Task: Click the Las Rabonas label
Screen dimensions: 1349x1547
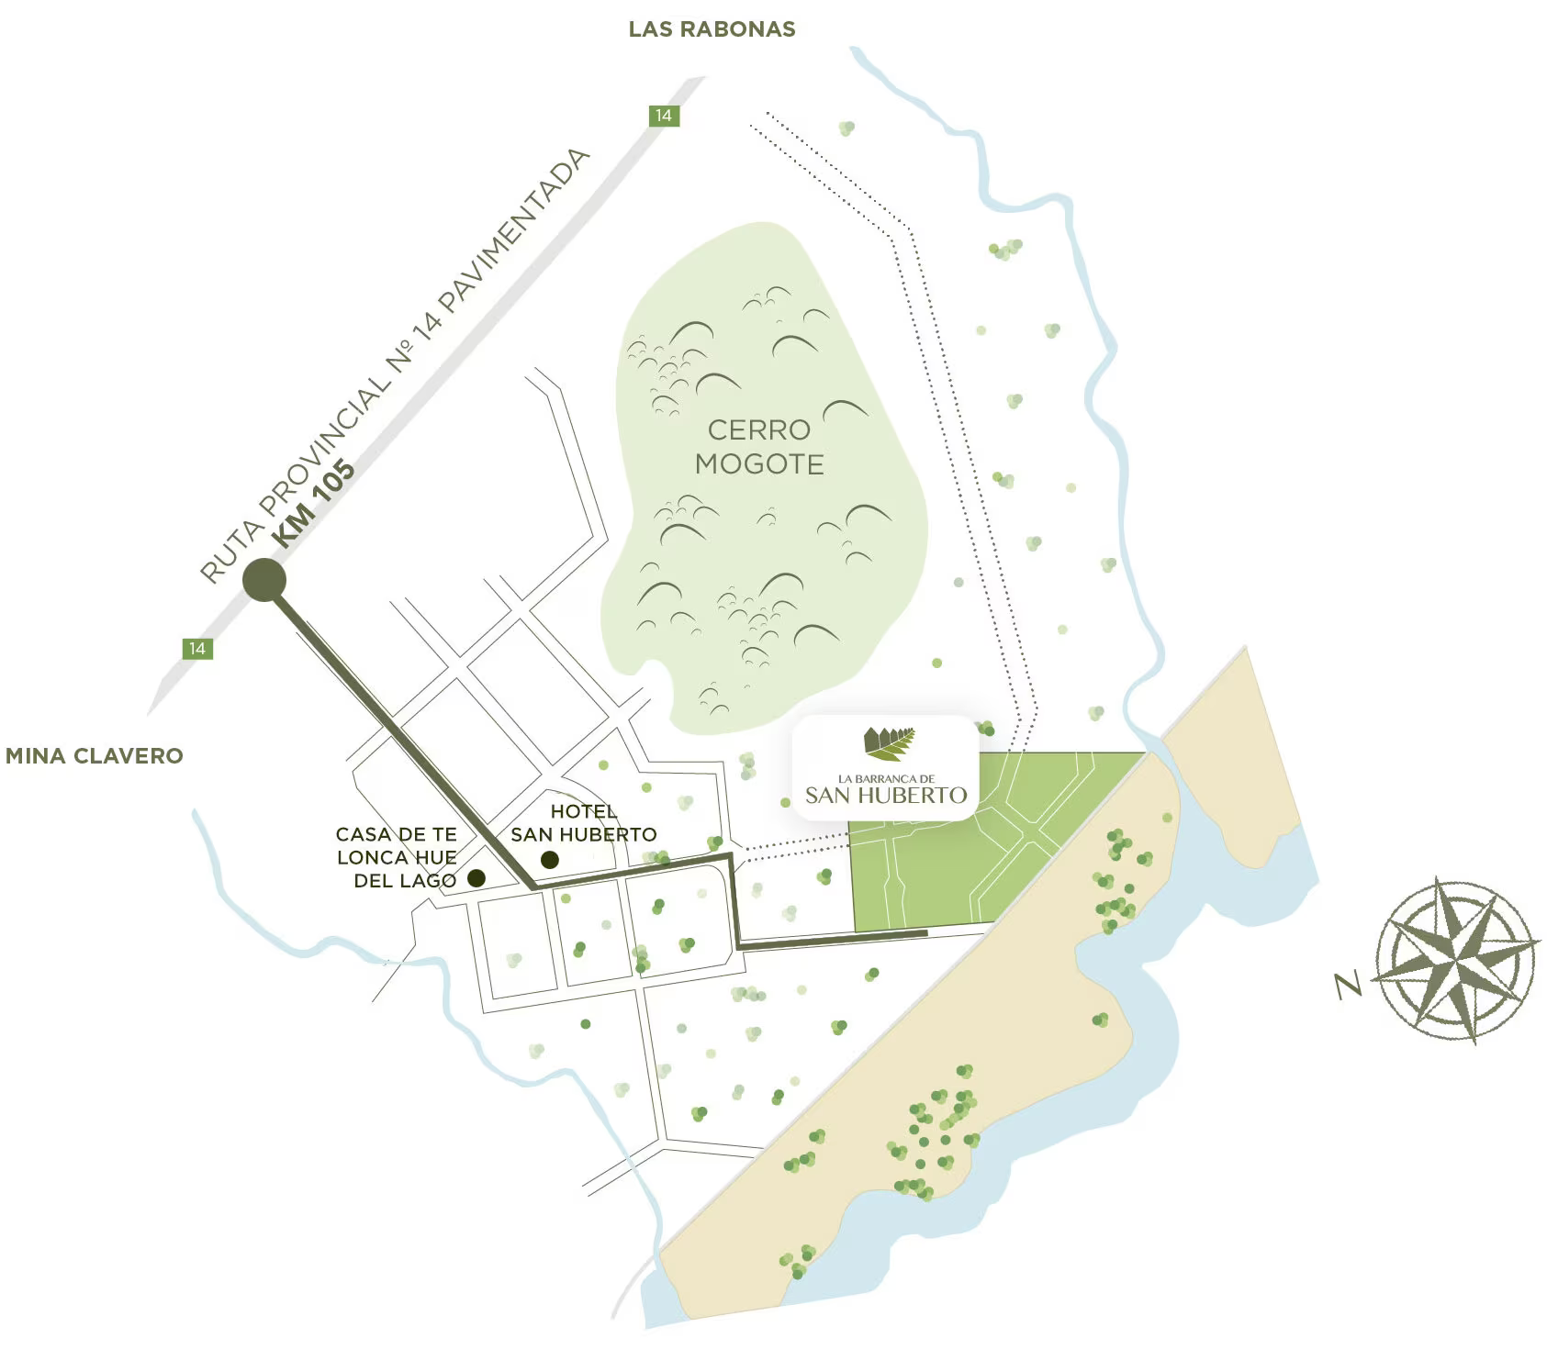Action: (x=712, y=29)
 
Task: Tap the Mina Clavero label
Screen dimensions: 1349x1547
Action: (x=94, y=756)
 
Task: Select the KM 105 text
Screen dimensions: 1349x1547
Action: (x=316, y=504)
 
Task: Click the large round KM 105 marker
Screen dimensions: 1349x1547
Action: (x=264, y=580)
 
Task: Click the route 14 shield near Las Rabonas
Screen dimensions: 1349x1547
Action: (x=663, y=116)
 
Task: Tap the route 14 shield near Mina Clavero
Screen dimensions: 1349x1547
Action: (x=196, y=649)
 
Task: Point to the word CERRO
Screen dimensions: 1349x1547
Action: (x=758, y=429)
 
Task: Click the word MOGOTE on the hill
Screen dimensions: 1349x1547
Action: (x=759, y=464)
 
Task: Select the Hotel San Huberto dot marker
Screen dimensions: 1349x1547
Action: (x=549, y=860)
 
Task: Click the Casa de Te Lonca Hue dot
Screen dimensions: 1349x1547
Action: (x=476, y=878)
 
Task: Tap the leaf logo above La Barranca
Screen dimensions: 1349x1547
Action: (x=888, y=744)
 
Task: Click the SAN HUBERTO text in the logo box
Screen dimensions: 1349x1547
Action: (x=886, y=796)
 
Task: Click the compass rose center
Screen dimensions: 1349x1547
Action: (x=1458, y=960)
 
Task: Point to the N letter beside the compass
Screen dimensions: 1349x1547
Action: (x=1348, y=986)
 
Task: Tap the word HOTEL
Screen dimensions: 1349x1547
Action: (x=583, y=812)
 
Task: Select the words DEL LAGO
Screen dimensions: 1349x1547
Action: (x=405, y=881)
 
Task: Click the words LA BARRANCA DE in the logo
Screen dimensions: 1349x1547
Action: (x=886, y=779)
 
